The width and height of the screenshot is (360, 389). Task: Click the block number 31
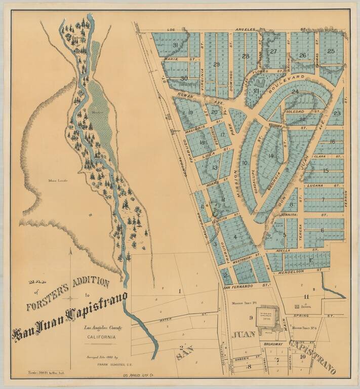[x=175, y=46]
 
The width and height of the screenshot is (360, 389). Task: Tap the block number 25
[x=331, y=51]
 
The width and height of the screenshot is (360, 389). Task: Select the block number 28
[x=246, y=56]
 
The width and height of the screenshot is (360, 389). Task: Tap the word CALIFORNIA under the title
[x=100, y=336]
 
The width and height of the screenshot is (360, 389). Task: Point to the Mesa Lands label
[x=58, y=180]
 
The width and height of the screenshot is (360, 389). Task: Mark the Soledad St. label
[x=295, y=111]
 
